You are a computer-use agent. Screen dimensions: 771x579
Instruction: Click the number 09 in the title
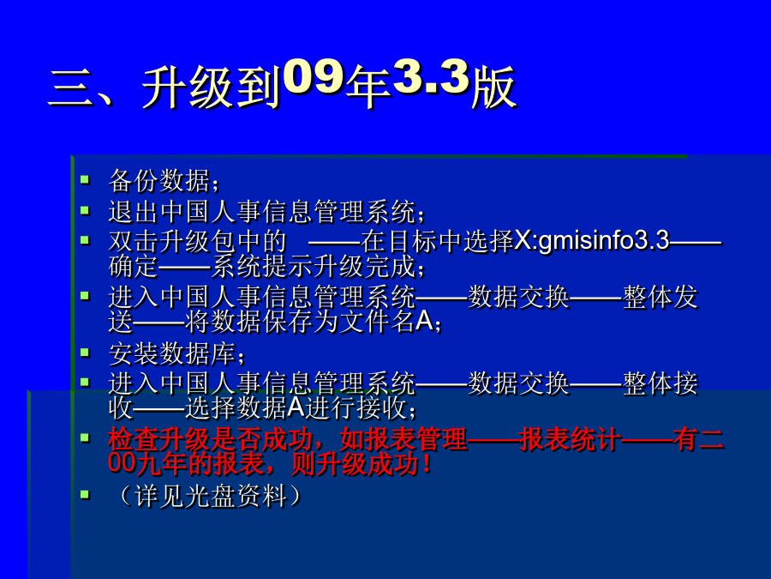pyautogui.click(x=314, y=77)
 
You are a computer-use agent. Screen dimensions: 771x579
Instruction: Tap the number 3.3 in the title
pyautogui.click(x=431, y=77)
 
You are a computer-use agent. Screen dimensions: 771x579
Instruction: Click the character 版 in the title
pyautogui.click(x=493, y=87)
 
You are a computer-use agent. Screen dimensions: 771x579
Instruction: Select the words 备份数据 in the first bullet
pyautogui.click(x=159, y=180)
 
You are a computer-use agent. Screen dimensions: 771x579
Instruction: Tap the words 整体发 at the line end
pyautogui.click(x=660, y=297)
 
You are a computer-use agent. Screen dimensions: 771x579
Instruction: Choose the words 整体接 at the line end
pyautogui.click(x=660, y=383)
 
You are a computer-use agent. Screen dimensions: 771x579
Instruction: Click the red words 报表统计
pyautogui.click(x=571, y=438)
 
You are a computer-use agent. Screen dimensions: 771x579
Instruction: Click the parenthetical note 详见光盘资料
pyautogui.click(x=211, y=495)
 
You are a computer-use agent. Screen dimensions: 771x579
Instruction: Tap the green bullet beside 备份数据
pyautogui.click(x=85, y=179)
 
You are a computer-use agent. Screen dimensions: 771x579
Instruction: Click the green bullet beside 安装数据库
pyautogui.click(x=85, y=353)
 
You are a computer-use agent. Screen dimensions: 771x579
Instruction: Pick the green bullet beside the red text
pyautogui.click(x=85, y=437)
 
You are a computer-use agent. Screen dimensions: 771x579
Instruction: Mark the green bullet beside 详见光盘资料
pyautogui.click(x=85, y=494)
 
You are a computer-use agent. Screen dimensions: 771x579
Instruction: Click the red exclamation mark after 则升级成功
pyautogui.click(x=425, y=463)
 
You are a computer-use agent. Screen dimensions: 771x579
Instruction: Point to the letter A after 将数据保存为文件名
pyautogui.click(x=424, y=321)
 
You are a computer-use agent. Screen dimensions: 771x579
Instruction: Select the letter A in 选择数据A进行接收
pyautogui.click(x=296, y=407)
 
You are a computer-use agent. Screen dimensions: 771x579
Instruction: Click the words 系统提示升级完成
pyautogui.click(x=314, y=267)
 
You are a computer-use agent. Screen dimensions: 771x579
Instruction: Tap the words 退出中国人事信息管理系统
pyautogui.click(x=262, y=212)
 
